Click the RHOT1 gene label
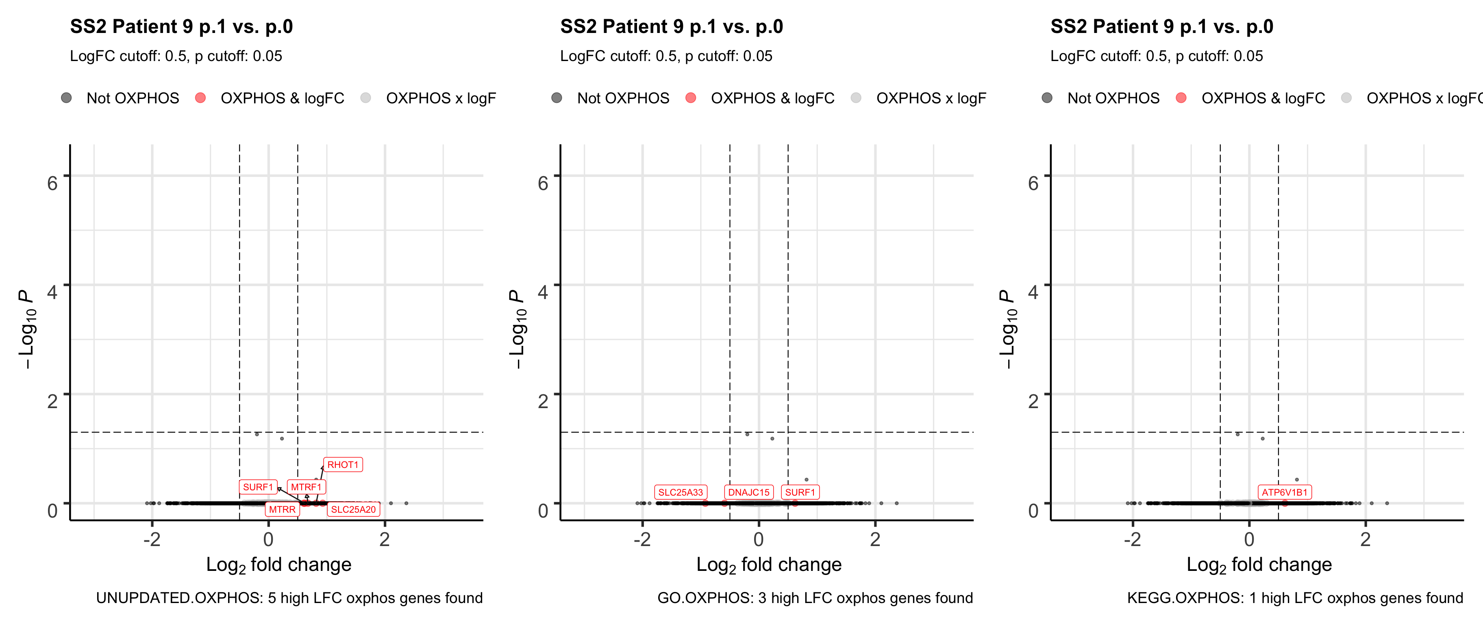343,465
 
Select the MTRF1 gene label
306,487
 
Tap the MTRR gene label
282,509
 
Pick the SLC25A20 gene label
353,509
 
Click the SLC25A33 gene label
681,492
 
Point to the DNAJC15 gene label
748,492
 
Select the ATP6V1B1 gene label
1284,492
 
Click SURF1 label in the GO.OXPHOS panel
800,492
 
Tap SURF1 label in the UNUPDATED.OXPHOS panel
258,487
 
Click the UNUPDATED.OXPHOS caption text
289,598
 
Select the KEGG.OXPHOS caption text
1295,598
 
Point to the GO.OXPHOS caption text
815,598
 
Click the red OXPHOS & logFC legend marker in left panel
200,98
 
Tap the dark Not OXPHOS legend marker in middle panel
557,98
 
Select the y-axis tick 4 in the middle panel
542,292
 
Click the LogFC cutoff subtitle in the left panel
176,56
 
